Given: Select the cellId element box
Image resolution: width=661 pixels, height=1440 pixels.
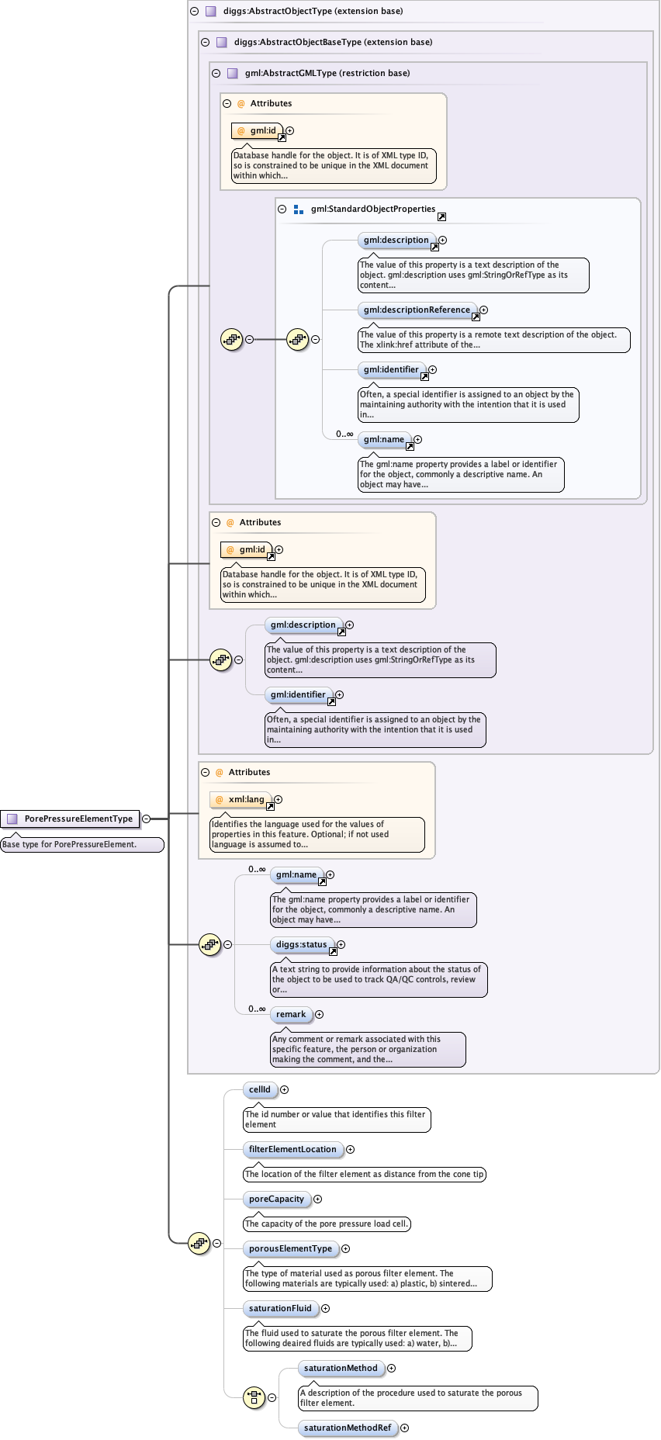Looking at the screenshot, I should click(x=260, y=1090).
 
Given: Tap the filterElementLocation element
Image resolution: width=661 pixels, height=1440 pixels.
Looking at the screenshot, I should click(x=292, y=1150).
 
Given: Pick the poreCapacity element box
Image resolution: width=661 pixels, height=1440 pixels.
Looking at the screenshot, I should click(x=277, y=1199).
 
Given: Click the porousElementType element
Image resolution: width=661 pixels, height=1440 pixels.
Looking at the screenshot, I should click(x=290, y=1249).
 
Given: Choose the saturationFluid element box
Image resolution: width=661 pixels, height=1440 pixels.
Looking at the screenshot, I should click(x=280, y=1309).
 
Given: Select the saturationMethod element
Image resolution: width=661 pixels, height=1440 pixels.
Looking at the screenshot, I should click(x=341, y=1369).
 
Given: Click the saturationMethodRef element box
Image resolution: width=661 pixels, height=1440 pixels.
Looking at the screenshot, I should click(x=348, y=1428).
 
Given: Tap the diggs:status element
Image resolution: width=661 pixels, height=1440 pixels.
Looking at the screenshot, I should click(x=301, y=945).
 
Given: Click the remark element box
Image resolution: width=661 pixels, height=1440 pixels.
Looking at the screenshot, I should click(x=291, y=1015).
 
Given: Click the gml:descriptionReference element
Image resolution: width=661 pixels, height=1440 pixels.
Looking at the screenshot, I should click(x=417, y=310).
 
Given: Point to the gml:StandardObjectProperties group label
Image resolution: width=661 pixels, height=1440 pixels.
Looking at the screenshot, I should click(x=372, y=209).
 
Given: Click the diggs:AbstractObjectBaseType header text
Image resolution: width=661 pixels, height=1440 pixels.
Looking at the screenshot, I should click(x=333, y=43).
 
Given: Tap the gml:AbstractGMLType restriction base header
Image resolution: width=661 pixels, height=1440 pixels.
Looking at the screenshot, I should click(x=327, y=74).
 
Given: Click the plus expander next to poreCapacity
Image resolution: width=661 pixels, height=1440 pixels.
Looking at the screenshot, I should click(x=317, y=1199).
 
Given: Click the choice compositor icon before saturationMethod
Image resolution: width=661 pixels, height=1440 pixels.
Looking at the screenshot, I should click(x=254, y=1398).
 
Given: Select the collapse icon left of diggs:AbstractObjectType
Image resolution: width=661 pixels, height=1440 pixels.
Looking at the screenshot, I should click(x=194, y=12).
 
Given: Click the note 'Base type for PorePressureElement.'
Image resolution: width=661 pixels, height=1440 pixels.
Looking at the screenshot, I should click(x=81, y=845).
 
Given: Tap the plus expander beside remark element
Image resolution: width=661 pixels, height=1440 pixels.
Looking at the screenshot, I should click(x=319, y=1015).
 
